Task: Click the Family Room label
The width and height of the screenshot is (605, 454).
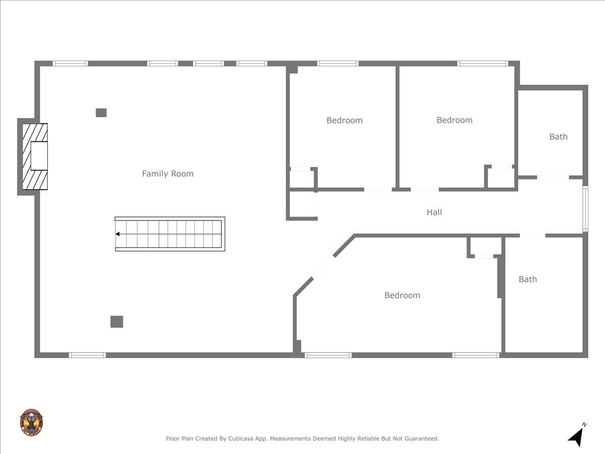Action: [x=167, y=174]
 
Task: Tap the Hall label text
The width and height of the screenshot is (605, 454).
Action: [x=434, y=212]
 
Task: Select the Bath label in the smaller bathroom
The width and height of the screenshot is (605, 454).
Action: [x=558, y=137]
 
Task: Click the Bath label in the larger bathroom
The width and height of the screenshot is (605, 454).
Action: [x=528, y=279]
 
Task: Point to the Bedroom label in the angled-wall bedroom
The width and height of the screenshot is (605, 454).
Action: [x=402, y=296]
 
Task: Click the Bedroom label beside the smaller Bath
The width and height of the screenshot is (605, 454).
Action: [x=454, y=120]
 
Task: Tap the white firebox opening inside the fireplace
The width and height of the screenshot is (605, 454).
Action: [x=39, y=156]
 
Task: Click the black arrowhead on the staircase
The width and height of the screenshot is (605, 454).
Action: [x=117, y=234]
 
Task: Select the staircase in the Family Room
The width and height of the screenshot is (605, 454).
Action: [x=170, y=234]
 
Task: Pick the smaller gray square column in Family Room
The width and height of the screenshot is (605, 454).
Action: [x=101, y=113]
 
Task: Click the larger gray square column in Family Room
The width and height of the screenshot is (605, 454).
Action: [x=116, y=321]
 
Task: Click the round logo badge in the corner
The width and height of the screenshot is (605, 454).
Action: [x=31, y=423]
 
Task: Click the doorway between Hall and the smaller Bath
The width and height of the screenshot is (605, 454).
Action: [x=553, y=178]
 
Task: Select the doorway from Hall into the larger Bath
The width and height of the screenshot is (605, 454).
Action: [x=532, y=236]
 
